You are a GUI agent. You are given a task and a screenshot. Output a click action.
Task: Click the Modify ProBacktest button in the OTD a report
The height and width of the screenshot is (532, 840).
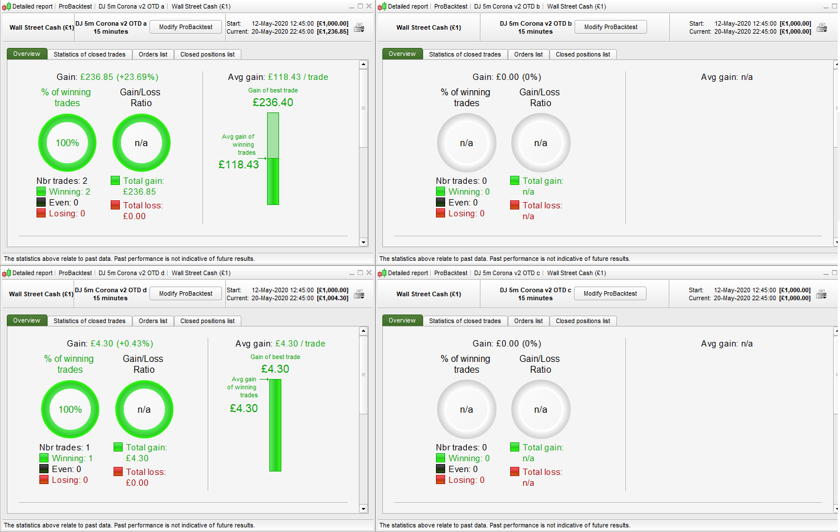point(185,27)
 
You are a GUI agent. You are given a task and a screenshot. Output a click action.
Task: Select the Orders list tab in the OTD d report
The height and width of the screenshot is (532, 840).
point(153,321)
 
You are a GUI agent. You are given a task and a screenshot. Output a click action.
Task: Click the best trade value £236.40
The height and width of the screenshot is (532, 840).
point(273,103)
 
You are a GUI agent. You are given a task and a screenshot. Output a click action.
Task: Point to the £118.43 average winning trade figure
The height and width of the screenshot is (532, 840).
point(239,164)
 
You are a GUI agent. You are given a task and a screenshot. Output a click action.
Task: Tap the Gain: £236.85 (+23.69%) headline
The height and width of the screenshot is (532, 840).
point(107,77)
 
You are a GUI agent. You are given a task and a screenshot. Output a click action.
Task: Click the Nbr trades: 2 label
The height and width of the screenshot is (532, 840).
point(62,181)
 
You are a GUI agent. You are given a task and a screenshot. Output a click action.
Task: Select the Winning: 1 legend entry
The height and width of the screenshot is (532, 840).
point(72,458)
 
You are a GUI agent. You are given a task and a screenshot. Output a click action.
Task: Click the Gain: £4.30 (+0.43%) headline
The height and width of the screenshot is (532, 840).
point(110,344)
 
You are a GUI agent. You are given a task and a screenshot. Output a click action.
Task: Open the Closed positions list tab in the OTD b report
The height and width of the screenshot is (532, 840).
point(583,54)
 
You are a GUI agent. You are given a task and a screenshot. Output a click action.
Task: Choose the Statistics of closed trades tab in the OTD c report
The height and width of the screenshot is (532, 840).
point(465,321)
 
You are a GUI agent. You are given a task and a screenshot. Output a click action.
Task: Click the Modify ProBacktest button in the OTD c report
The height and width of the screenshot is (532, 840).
point(610,293)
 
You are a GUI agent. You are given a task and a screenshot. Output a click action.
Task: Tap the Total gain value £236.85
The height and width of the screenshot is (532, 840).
point(139,192)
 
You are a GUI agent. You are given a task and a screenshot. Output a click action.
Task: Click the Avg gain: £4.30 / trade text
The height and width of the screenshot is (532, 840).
point(280,344)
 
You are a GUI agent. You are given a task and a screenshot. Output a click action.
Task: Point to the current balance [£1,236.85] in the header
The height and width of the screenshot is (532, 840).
point(333,31)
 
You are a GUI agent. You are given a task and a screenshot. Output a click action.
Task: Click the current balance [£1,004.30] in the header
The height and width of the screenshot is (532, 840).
point(333,298)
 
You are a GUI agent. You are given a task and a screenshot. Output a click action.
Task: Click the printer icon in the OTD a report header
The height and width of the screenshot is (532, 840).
point(359,27)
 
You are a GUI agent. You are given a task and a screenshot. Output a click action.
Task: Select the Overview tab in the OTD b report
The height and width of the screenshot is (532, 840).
point(402,54)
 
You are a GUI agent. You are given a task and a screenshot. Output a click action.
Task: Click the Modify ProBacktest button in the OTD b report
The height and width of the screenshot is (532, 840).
point(611,27)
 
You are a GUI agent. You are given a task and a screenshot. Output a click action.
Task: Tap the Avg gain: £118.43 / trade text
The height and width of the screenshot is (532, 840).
point(278,77)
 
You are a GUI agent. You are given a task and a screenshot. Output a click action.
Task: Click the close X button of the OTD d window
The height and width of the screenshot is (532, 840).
point(369,273)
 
